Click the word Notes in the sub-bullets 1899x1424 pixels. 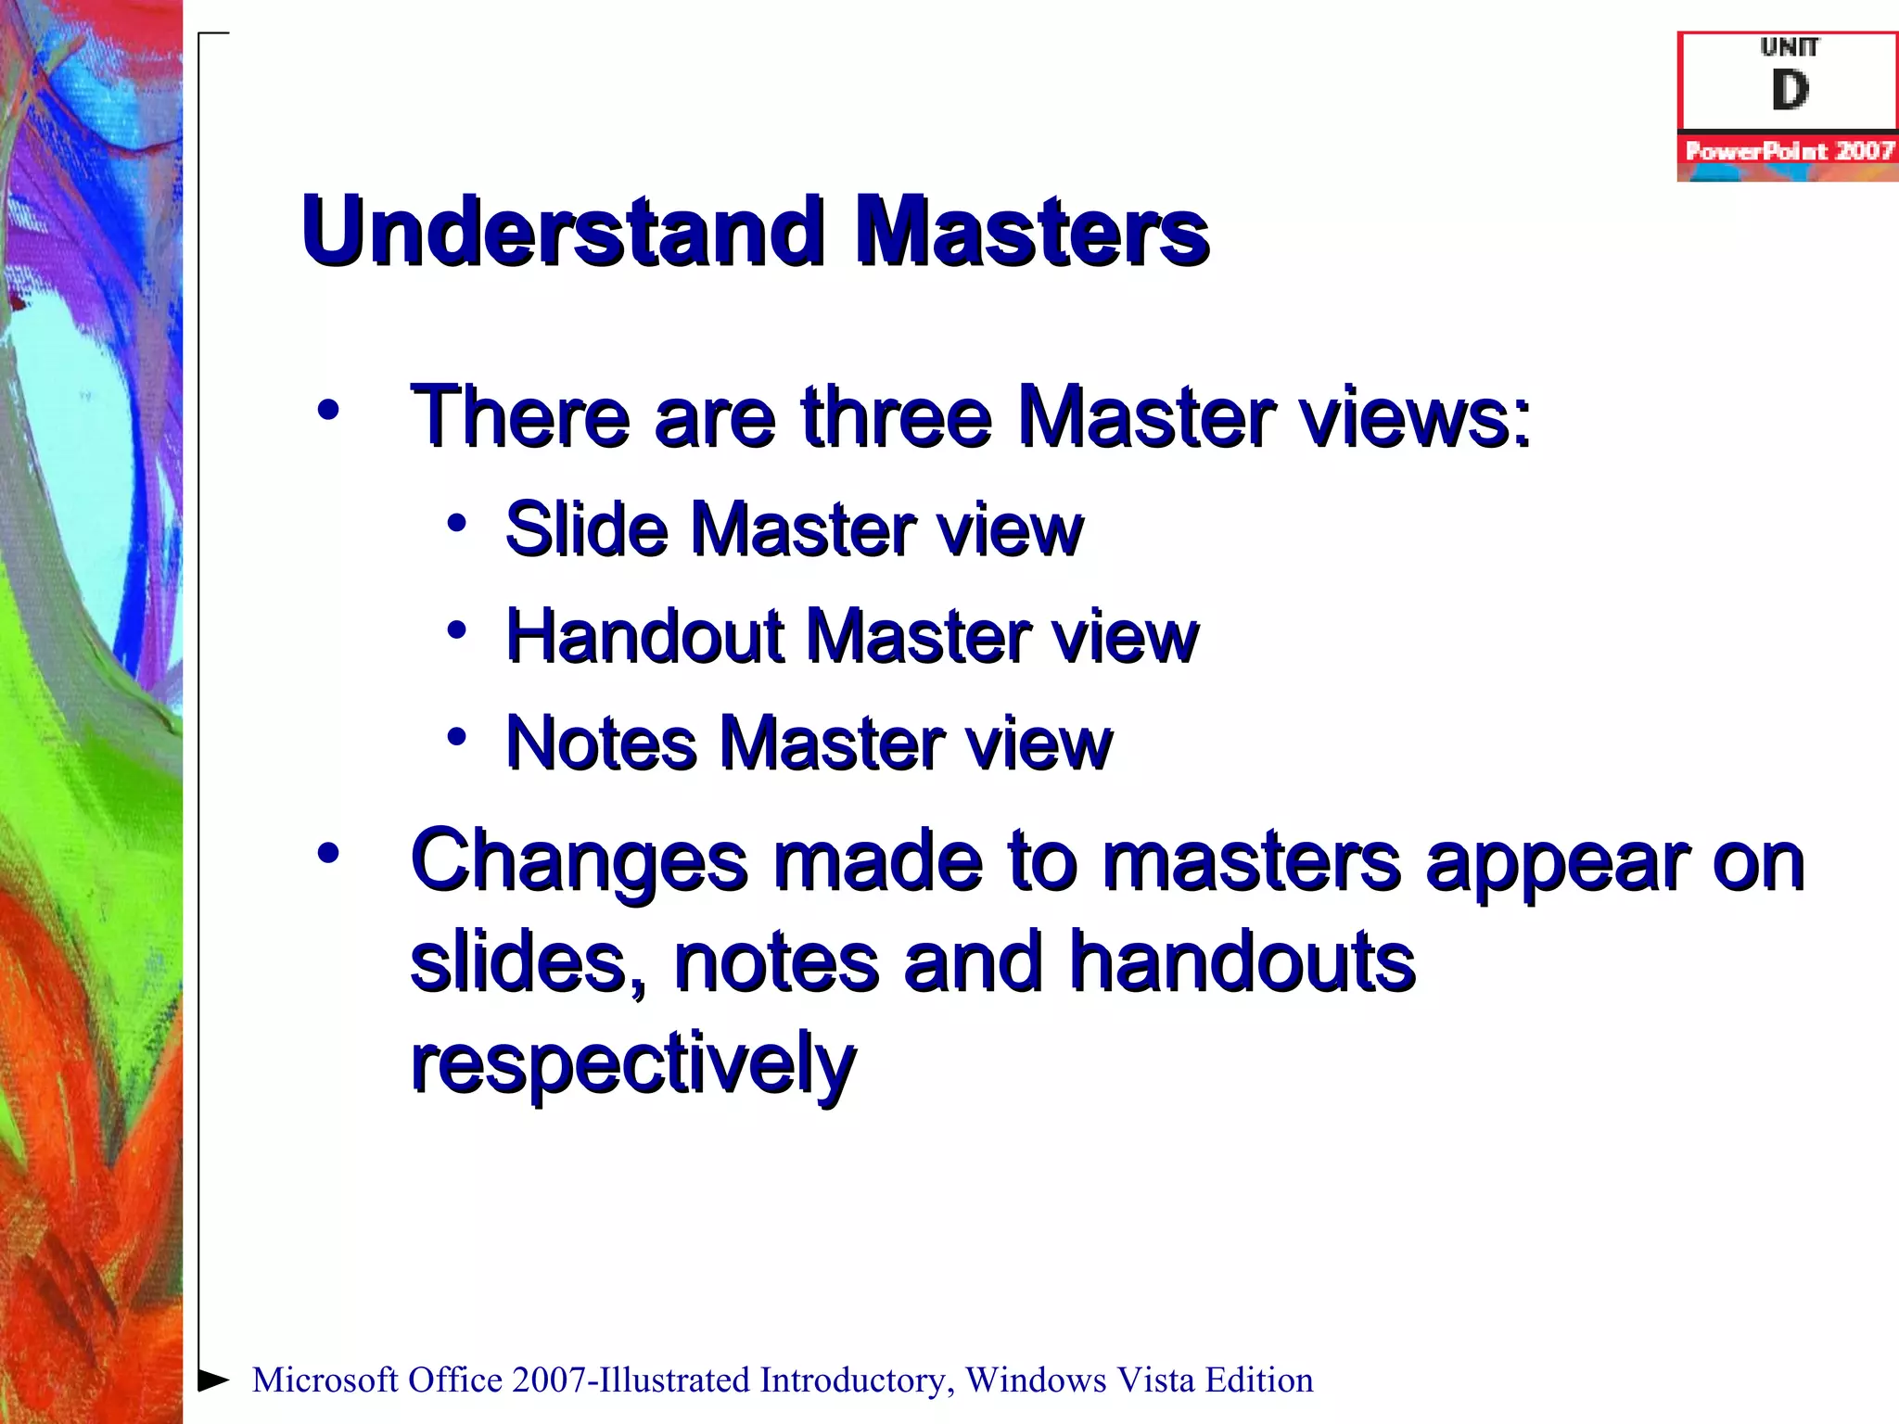point(600,744)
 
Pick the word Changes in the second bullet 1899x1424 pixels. point(579,863)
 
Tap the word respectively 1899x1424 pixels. point(632,1063)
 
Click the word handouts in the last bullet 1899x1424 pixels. point(1242,961)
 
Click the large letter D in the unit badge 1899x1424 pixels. point(1790,90)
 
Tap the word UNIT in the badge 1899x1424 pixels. point(1790,46)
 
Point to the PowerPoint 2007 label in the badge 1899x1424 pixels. point(1789,151)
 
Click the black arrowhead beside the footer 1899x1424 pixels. point(214,1379)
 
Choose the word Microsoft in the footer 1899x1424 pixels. point(325,1380)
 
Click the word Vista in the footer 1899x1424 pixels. point(1155,1380)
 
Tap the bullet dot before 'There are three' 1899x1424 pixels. point(327,409)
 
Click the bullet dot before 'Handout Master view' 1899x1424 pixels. point(456,630)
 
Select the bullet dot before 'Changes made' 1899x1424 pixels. point(327,853)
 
